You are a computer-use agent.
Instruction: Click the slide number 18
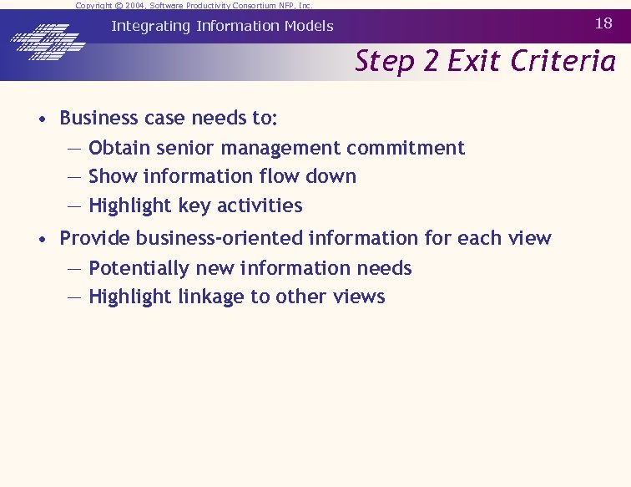(x=603, y=23)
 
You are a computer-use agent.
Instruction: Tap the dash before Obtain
(x=74, y=149)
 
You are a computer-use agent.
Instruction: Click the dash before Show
(x=74, y=177)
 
